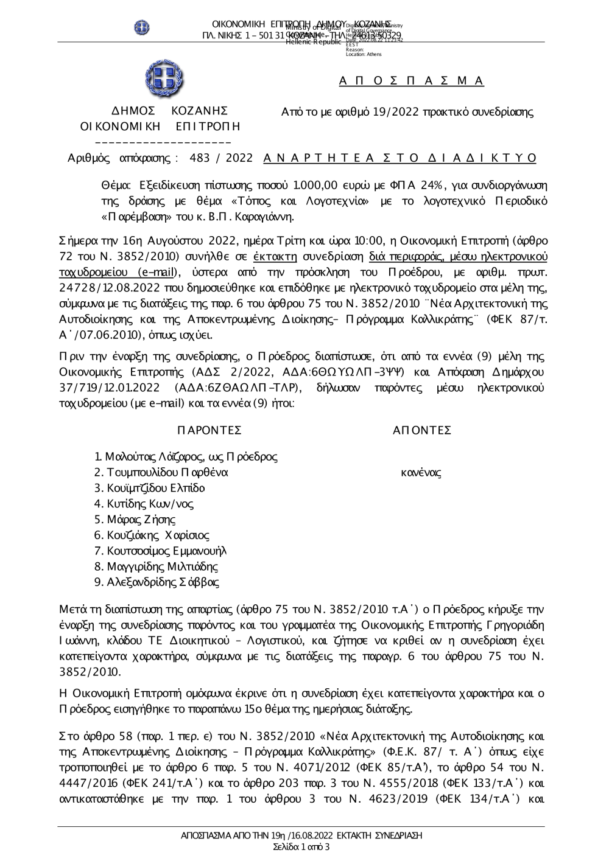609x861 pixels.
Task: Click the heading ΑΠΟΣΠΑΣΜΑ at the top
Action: point(411,81)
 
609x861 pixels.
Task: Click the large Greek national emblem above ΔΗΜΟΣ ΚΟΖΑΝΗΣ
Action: point(164,79)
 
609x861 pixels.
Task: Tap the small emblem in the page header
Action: point(142,27)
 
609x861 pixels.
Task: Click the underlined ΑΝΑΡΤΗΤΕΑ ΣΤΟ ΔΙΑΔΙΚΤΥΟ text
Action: point(400,158)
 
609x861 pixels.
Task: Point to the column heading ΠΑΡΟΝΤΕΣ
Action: point(209,431)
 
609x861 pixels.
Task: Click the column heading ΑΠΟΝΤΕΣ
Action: point(422,431)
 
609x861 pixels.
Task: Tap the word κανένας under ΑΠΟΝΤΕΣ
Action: point(421,473)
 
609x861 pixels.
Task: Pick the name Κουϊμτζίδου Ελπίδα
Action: point(156,488)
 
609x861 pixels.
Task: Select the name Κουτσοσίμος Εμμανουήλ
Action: point(166,551)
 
